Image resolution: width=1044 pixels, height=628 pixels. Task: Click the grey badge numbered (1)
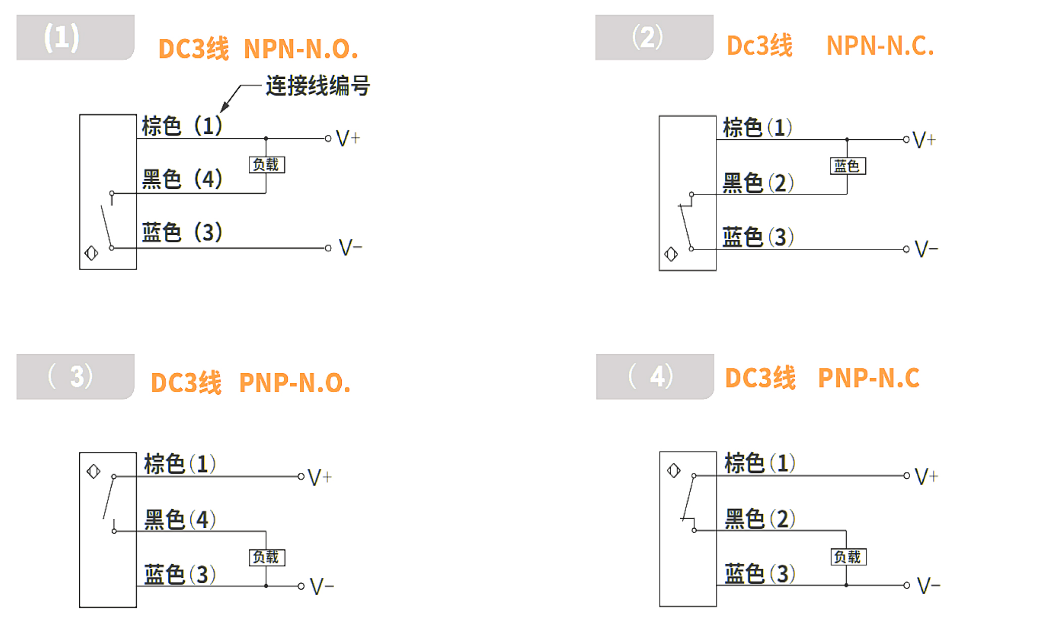point(75,37)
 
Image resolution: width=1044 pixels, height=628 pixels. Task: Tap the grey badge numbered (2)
point(654,37)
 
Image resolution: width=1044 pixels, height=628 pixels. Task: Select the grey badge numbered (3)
point(75,377)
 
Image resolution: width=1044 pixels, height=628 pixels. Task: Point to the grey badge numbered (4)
point(655,377)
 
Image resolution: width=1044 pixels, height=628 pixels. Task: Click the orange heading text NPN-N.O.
point(301,49)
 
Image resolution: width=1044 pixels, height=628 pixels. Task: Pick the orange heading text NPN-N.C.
point(880,46)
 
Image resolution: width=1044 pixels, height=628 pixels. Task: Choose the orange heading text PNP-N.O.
point(295,383)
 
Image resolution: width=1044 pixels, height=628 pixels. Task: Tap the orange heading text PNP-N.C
point(869,378)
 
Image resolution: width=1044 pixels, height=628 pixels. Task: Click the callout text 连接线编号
point(318,85)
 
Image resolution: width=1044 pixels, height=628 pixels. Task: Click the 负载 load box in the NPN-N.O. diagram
point(267,165)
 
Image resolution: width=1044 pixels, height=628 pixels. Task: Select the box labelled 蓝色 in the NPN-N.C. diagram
point(848,166)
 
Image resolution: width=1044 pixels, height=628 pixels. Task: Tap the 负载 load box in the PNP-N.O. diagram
point(267,557)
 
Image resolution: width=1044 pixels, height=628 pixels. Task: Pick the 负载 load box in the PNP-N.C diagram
point(849,557)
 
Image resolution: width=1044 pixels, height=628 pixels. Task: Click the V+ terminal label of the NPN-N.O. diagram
point(348,138)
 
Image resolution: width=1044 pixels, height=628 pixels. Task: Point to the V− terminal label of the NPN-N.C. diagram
point(926,249)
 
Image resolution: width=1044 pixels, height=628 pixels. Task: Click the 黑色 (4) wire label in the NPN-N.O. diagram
point(182,179)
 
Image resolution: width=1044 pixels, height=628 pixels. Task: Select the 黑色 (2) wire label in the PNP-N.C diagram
point(760,519)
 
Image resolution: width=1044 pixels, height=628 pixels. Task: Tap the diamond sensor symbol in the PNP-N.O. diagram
point(93,472)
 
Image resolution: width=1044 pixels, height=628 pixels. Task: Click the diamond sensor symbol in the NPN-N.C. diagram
point(671,254)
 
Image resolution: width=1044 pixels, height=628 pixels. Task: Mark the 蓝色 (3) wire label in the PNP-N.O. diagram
point(180,574)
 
